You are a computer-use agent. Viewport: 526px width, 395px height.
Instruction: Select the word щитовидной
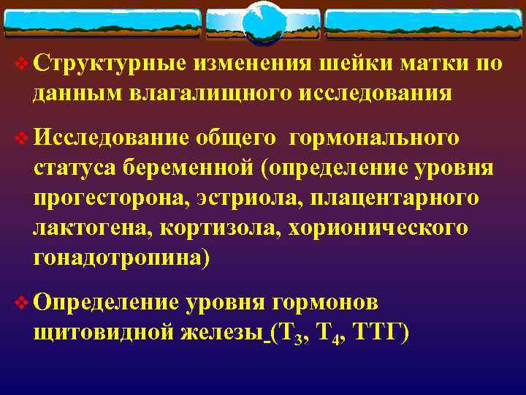(x=101, y=332)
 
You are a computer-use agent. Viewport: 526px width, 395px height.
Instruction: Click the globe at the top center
(x=262, y=22)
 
